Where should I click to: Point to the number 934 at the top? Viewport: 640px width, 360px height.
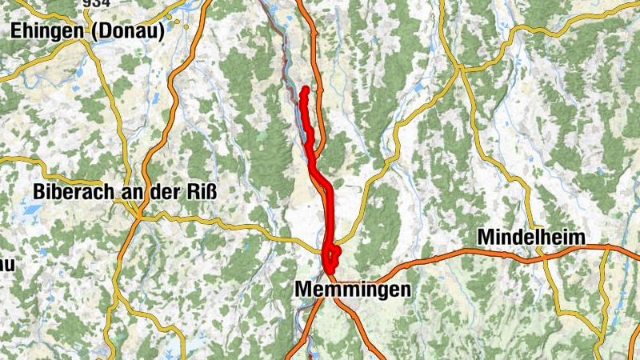(x=95, y=4)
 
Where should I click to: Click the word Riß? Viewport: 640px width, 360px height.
(x=201, y=192)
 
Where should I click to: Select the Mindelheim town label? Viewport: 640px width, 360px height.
(x=531, y=237)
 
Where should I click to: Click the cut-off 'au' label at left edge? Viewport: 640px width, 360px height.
(x=7, y=263)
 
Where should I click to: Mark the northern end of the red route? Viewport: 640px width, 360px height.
(x=306, y=89)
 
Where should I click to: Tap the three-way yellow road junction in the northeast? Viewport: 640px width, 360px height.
(x=460, y=69)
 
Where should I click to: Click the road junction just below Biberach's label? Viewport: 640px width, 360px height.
(x=138, y=215)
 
